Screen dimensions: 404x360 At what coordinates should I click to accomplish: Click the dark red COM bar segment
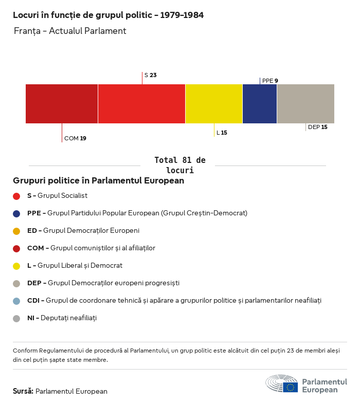coord(62,104)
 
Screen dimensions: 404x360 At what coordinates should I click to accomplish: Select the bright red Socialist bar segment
coord(141,104)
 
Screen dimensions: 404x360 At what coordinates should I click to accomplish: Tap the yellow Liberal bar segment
coord(214,104)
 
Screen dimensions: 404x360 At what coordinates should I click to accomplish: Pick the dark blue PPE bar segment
coord(260,104)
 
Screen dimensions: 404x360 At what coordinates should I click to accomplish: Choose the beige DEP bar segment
coord(305,104)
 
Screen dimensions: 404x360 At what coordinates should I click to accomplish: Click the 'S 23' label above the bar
coord(150,75)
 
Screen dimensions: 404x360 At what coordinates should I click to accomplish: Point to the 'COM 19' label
coord(75,138)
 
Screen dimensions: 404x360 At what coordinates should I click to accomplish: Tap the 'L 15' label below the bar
coord(222,133)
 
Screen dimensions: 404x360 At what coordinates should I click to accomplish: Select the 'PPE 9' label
coord(270,81)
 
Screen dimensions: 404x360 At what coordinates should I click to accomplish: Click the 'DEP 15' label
coord(317,127)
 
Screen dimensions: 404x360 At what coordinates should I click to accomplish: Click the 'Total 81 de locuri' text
coord(179,165)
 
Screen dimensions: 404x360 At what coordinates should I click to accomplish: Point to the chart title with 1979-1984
coord(108,15)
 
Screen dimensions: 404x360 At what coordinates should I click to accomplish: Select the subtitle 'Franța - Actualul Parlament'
coord(70,31)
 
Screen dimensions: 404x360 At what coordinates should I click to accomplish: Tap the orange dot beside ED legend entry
coord(16,231)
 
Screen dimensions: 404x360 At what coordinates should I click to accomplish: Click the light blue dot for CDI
coord(16,301)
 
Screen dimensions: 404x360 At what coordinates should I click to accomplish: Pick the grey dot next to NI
coord(16,318)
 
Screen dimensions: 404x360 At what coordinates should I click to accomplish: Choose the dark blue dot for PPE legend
coord(16,213)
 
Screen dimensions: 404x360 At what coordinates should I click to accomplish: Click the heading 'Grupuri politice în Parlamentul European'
coord(98,181)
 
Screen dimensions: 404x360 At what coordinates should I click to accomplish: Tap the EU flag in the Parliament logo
coord(290,387)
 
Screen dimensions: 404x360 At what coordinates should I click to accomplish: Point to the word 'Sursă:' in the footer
coord(23,391)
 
